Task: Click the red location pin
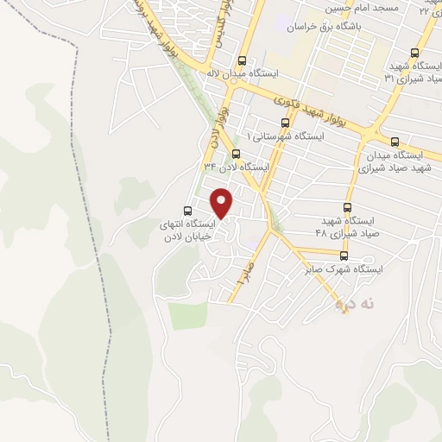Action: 222,203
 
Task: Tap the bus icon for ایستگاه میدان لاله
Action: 242,61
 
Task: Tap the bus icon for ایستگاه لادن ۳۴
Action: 236,154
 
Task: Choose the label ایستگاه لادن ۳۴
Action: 236,167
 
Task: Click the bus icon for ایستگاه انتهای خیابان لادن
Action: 188,209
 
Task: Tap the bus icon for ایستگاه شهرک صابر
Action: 344,256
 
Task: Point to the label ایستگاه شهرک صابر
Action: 344,269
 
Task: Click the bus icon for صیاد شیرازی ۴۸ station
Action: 348,207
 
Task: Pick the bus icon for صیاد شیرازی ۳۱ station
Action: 415,52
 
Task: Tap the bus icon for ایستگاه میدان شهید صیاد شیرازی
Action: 395,142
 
